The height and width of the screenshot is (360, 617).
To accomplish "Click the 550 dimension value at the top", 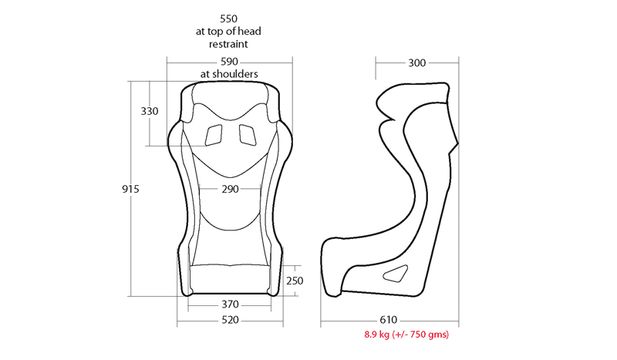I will (229, 17).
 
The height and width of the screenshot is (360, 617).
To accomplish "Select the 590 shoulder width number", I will (229, 62).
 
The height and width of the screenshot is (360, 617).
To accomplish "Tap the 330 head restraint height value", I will (150, 111).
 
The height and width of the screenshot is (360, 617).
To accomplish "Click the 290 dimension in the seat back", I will (229, 189).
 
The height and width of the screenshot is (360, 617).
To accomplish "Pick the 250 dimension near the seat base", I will (295, 281).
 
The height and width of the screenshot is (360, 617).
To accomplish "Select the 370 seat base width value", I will (229, 304).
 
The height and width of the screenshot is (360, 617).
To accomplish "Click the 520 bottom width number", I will (229, 320).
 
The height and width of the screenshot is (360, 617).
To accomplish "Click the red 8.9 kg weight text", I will (406, 335).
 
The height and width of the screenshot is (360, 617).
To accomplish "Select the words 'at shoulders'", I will (229, 74).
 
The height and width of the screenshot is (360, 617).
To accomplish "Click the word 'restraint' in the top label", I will (229, 44).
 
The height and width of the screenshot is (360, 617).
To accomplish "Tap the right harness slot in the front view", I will (248, 134).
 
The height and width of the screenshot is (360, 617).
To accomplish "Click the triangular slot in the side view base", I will (397, 272).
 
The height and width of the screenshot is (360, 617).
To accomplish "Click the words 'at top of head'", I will (229, 31).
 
